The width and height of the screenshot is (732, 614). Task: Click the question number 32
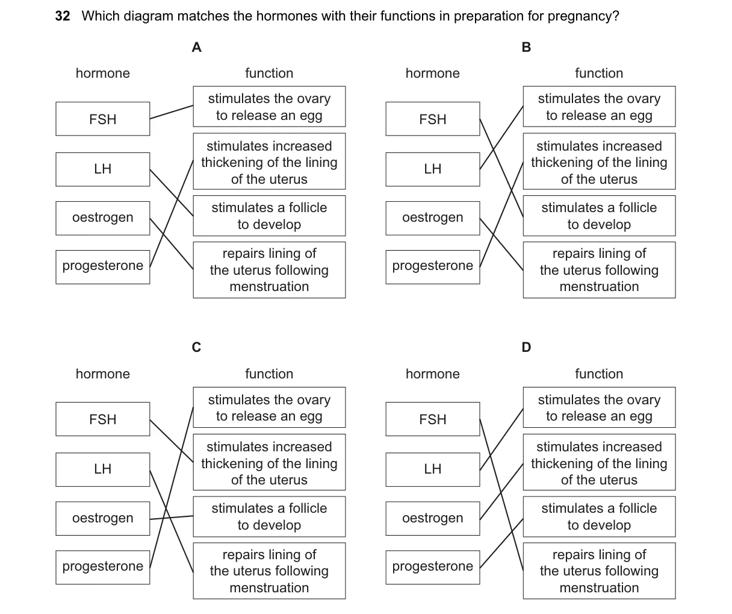click(x=63, y=16)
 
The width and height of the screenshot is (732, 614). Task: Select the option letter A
click(x=197, y=47)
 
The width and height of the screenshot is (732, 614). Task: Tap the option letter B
click(x=526, y=47)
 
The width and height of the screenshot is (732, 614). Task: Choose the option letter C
click(x=196, y=347)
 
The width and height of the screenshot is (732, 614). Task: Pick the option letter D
click(x=526, y=347)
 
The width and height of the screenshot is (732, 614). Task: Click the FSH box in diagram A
click(x=103, y=119)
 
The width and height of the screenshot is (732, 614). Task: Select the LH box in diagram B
click(x=433, y=169)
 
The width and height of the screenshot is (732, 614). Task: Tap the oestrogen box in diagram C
click(x=103, y=518)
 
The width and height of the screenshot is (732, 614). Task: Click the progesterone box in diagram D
click(x=433, y=567)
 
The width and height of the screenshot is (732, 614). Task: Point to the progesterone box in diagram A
click(x=103, y=267)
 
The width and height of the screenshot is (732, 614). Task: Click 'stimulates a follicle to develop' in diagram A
click(x=269, y=216)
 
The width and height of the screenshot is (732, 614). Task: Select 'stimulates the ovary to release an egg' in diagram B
click(x=599, y=107)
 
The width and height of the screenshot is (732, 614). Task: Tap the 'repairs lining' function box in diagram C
click(x=269, y=571)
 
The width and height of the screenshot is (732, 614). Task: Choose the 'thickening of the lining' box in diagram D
click(x=599, y=462)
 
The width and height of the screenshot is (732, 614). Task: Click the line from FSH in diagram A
click(x=172, y=112)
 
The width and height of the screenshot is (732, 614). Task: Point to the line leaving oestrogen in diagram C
click(x=172, y=518)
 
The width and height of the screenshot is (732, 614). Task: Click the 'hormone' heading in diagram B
click(x=433, y=74)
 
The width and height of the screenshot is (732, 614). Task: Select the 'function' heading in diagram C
click(x=269, y=374)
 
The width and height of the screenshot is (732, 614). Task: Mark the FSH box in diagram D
click(x=433, y=419)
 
